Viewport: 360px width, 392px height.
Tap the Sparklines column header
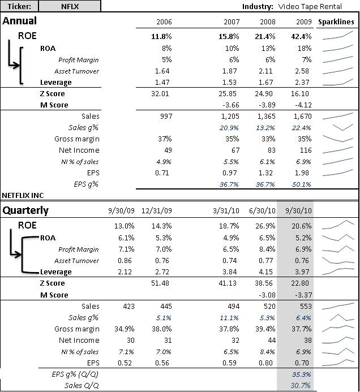click(x=336, y=22)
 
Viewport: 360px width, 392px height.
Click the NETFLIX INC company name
click(x=24, y=195)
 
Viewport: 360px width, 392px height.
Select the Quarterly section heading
click(x=26, y=210)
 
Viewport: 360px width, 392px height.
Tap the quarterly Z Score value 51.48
click(x=160, y=283)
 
